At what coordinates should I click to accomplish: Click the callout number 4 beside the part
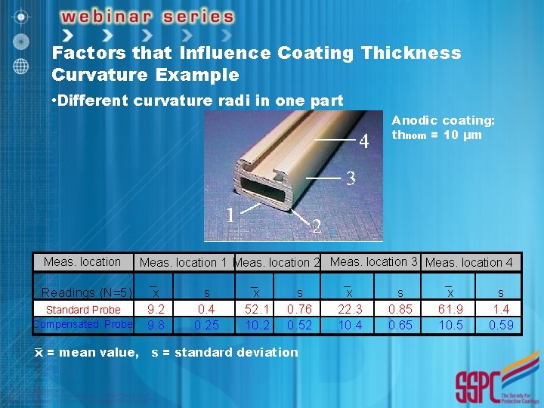(364, 141)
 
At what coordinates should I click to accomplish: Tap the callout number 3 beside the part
(350, 179)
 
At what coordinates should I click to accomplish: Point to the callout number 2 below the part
(317, 227)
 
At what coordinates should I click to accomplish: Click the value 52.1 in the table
(256, 309)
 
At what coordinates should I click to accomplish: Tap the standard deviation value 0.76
(300, 309)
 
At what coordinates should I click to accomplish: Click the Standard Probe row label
(83, 310)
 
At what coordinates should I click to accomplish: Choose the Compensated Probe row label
(83, 324)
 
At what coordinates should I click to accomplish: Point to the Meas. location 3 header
(374, 262)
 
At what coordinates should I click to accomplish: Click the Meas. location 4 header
(469, 263)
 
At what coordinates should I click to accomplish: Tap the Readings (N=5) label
(86, 293)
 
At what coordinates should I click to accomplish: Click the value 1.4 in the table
(501, 309)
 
